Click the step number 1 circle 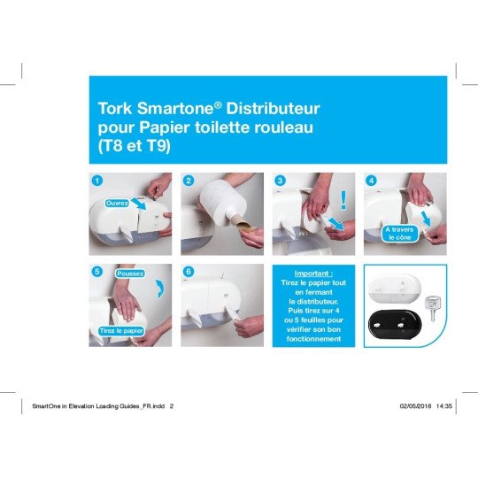coord(97,181)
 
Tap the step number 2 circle coord(189,181)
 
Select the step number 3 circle coord(280,181)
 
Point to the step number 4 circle coord(371,181)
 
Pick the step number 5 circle coord(97,272)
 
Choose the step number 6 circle coord(189,272)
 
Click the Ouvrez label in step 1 coord(117,203)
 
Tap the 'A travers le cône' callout coord(399,234)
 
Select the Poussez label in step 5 coord(130,274)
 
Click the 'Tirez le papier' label coord(121,331)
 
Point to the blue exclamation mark coord(343,200)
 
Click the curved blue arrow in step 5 coord(160,289)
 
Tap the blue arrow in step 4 coord(425,219)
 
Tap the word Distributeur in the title coord(273,108)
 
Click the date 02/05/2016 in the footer coord(415,406)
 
